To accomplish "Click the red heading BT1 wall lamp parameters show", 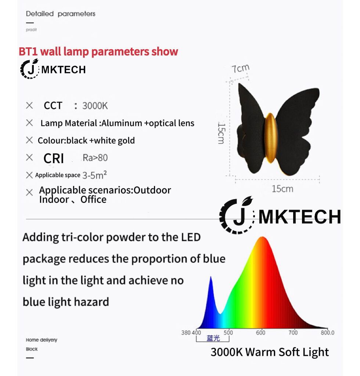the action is pos(98,52).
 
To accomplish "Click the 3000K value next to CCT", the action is pos(95,106).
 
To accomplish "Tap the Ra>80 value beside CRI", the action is pos(95,158).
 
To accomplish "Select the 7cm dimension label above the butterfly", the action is pos(241,69).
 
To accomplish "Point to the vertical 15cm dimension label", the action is pos(221,133).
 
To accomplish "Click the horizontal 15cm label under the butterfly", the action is pos(282,189).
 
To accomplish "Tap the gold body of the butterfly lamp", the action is pos(271,138).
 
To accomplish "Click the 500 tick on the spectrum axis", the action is pos(228,333).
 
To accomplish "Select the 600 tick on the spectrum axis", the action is pos(260,333).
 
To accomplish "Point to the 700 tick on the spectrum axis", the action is pos(293,333).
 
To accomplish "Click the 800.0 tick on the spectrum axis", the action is pos(327,333).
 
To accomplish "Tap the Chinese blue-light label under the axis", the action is pos(213,338).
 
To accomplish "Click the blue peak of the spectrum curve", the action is pos(211,277).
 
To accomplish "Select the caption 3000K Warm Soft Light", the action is pos(270,352).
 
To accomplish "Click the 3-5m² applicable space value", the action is pos(94,175).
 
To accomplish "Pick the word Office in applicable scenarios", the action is pos(93,199).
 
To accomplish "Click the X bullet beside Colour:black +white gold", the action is pos(29,140).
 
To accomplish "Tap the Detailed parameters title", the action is pos(61,14).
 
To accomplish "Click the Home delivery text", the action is pos(42,340).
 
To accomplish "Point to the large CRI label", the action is pos(54,158).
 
